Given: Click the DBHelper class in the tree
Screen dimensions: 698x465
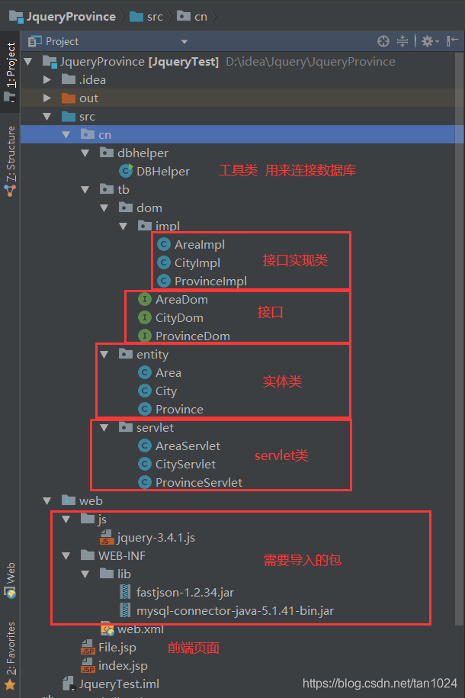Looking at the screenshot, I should point(162,171).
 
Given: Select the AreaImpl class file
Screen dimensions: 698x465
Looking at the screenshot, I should point(199,244).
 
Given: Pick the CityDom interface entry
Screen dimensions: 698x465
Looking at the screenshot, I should point(179,317).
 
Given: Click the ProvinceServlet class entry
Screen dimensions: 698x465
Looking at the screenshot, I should point(198,482).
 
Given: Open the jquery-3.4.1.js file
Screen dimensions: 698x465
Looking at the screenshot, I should point(156,537).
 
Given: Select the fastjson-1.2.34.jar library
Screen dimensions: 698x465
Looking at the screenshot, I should point(185,592).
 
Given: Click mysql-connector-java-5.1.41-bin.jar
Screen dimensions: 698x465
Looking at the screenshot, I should point(234,610).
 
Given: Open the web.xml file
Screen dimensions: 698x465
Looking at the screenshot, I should point(139,629).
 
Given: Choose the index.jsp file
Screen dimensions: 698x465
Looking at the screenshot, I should point(122,665).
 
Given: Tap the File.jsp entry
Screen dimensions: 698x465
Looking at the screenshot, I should point(117,648).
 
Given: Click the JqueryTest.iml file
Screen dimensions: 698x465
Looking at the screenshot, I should point(118,684).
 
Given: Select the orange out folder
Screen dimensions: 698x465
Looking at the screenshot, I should point(88,98).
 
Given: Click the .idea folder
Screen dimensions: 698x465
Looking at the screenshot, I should point(92,79).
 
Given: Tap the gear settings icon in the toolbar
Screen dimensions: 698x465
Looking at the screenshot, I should point(427,41).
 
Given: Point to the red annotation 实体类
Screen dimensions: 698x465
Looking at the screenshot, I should point(282,381).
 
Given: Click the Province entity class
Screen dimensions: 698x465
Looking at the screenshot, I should point(179,409).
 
